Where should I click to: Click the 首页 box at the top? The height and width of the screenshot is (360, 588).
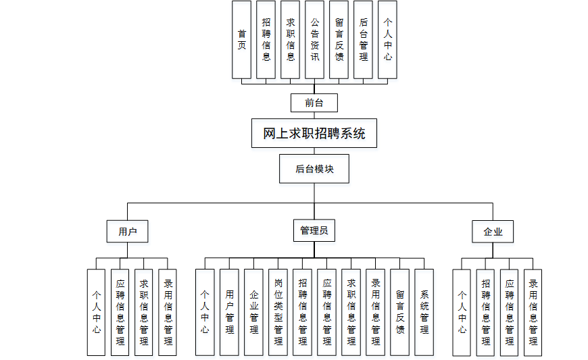(241, 40)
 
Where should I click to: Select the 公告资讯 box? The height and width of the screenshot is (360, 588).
(314, 40)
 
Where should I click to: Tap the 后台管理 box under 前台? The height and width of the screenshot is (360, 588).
(363, 40)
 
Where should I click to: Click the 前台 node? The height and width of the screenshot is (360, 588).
(314, 103)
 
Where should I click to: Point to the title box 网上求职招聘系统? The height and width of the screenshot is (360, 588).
(314, 133)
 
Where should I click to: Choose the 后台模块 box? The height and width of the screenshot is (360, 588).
(314, 169)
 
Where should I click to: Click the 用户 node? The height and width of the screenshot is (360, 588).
(128, 232)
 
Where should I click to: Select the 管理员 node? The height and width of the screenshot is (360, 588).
(314, 230)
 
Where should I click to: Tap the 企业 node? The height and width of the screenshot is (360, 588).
(493, 232)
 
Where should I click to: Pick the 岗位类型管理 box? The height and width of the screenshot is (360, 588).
(278, 312)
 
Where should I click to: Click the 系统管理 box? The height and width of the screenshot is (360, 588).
(424, 312)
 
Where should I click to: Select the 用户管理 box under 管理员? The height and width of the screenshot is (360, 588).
(229, 312)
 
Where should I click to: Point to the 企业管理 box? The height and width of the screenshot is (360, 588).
(253, 312)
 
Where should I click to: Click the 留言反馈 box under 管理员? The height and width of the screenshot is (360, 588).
(399, 312)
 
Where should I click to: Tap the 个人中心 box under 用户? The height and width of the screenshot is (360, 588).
(97, 312)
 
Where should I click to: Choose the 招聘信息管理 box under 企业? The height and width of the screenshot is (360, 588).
(486, 313)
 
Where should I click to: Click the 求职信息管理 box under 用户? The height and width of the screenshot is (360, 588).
(144, 312)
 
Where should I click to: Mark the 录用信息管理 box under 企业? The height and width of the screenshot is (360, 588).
(533, 313)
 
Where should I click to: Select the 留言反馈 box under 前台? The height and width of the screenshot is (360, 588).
(339, 40)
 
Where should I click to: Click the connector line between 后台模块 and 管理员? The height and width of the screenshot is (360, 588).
(314, 201)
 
